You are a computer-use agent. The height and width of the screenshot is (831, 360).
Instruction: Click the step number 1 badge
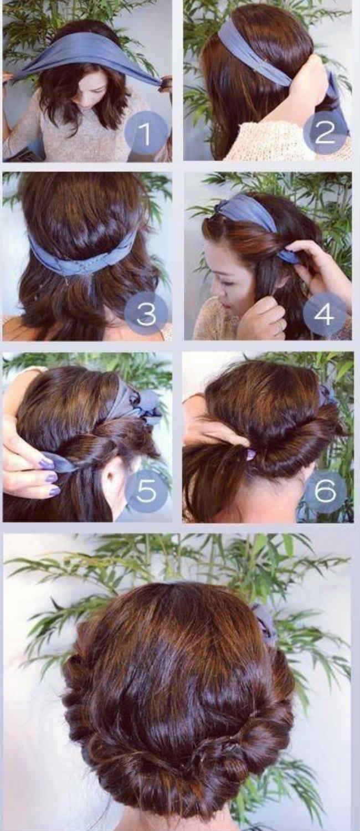click(x=145, y=133)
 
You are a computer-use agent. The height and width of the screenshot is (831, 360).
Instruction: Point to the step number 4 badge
click(x=324, y=314)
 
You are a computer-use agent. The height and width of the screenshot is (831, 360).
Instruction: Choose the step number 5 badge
click(x=146, y=491)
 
